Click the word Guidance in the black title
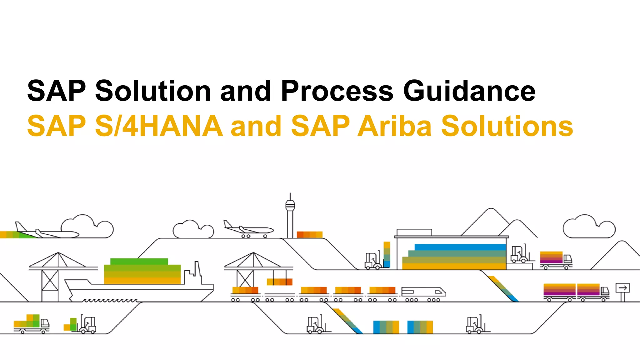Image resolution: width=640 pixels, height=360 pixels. point(469,91)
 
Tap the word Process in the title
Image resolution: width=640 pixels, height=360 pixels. point(337,91)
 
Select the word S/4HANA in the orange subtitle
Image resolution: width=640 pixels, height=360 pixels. point(159,126)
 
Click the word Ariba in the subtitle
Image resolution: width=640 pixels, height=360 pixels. point(395,126)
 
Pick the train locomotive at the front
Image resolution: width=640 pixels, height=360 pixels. point(423,292)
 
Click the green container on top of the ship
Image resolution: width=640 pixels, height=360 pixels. point(139,262)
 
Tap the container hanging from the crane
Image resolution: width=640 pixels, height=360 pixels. point(279,282)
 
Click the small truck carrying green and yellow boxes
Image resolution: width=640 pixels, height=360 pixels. point(31,324)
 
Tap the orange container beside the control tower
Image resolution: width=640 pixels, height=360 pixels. point(309,235)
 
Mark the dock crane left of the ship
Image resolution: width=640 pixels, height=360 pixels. point(58,275)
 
